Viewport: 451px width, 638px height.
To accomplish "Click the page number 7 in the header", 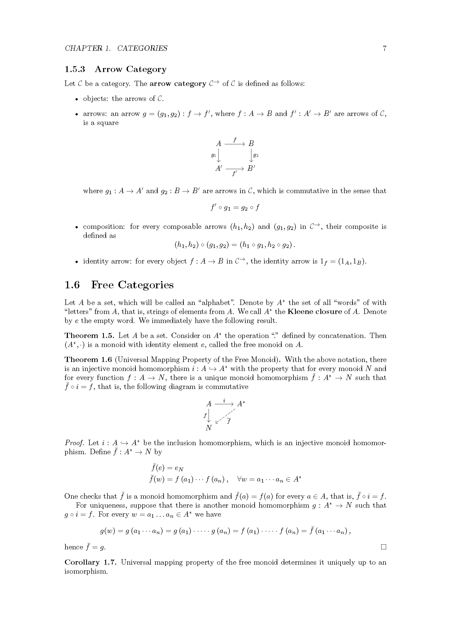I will coord(384,48).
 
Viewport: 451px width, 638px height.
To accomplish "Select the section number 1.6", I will coord(72,285).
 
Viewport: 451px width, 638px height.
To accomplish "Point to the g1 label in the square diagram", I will coord(213,155).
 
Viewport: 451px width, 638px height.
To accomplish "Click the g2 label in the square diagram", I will coord(256,155).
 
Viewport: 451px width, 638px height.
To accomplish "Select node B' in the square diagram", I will coord(251,168).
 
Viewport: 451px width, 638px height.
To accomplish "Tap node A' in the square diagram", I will coord(219,168).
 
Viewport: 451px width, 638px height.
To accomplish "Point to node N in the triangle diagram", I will coord(209,428).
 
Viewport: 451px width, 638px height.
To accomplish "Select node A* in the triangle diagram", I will coord(241,403).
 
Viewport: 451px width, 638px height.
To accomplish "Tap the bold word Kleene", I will coord(300,311).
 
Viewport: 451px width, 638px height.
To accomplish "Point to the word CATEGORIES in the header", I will coord(142,48).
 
